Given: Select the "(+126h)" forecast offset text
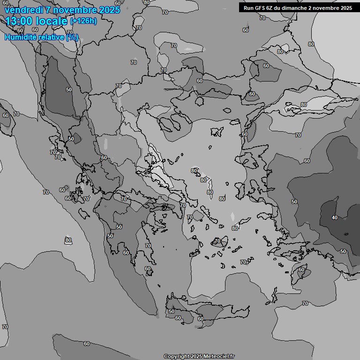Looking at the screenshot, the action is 83,21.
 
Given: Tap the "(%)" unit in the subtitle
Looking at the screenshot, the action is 72,37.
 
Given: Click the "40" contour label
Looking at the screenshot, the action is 334,217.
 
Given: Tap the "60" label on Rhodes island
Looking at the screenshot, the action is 301,270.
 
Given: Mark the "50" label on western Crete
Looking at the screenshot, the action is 172,311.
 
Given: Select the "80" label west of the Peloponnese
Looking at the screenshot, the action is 68,240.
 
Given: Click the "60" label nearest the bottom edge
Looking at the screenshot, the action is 86,344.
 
